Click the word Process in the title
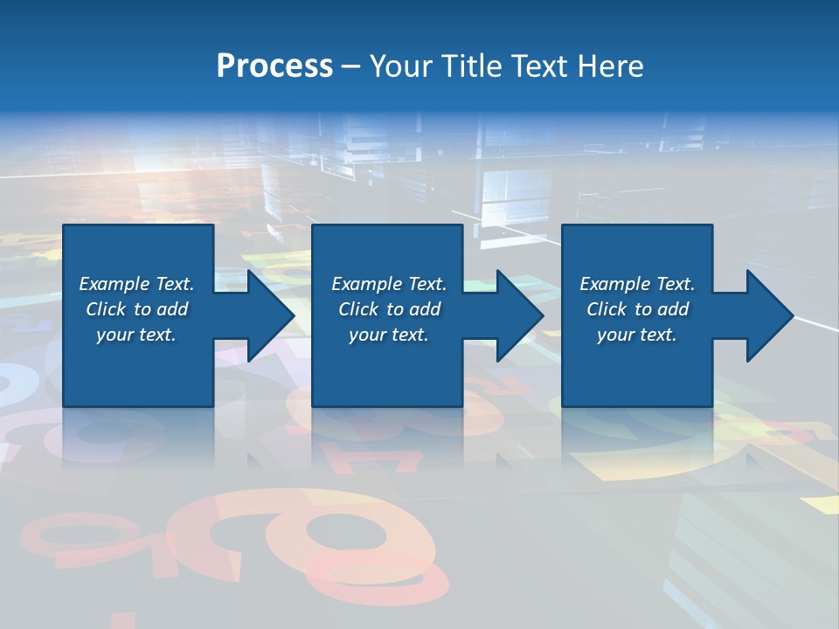click(x=274, y=66)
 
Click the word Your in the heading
click(x=402, y=66)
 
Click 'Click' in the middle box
click(x=358, y=309)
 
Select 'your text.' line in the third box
click(x=636, y=335)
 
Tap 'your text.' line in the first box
click(x=136, y=335)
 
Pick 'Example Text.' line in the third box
click(x=636, y=284)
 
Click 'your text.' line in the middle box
click(x=388, y=335)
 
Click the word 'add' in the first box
click(x=173, y=309)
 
